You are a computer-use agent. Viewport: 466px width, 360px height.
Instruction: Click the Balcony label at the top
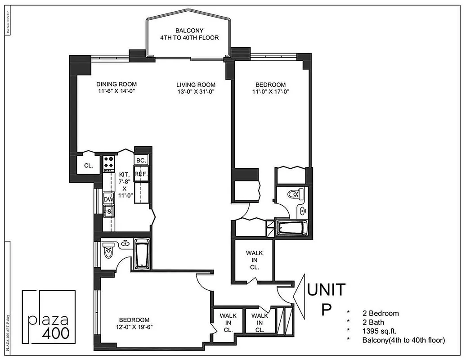[x=189, y=34]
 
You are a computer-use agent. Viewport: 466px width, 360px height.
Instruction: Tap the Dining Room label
[x=116, y=84]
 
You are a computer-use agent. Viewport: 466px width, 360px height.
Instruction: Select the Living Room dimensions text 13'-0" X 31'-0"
[x=196, y=92]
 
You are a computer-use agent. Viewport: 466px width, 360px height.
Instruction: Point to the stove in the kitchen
[x=109, y=163]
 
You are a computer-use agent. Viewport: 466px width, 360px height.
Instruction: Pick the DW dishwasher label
[x=108, y=199]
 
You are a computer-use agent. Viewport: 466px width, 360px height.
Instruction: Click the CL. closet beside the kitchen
[x=89, y=166]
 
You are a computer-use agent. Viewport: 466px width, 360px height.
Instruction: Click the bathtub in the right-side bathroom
[x=292, y=228]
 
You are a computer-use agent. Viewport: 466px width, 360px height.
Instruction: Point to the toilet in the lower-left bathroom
[x=109, y=253]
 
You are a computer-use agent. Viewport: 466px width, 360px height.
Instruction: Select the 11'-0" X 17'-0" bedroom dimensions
[x=270, y=92]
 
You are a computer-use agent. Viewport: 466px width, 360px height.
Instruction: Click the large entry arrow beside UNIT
[x=299, y=295]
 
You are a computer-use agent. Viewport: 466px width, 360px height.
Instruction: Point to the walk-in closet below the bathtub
[x=255, y=260]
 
